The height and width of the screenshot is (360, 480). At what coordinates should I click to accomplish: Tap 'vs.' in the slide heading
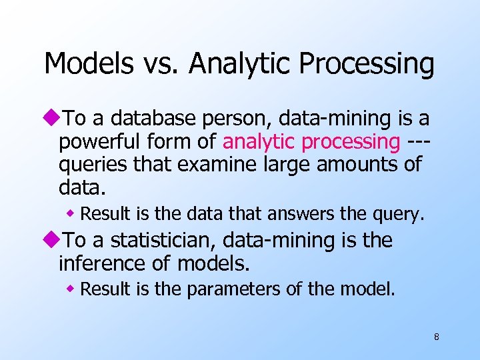(161, 65)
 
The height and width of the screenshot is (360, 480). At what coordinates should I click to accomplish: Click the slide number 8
(436, 337)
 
